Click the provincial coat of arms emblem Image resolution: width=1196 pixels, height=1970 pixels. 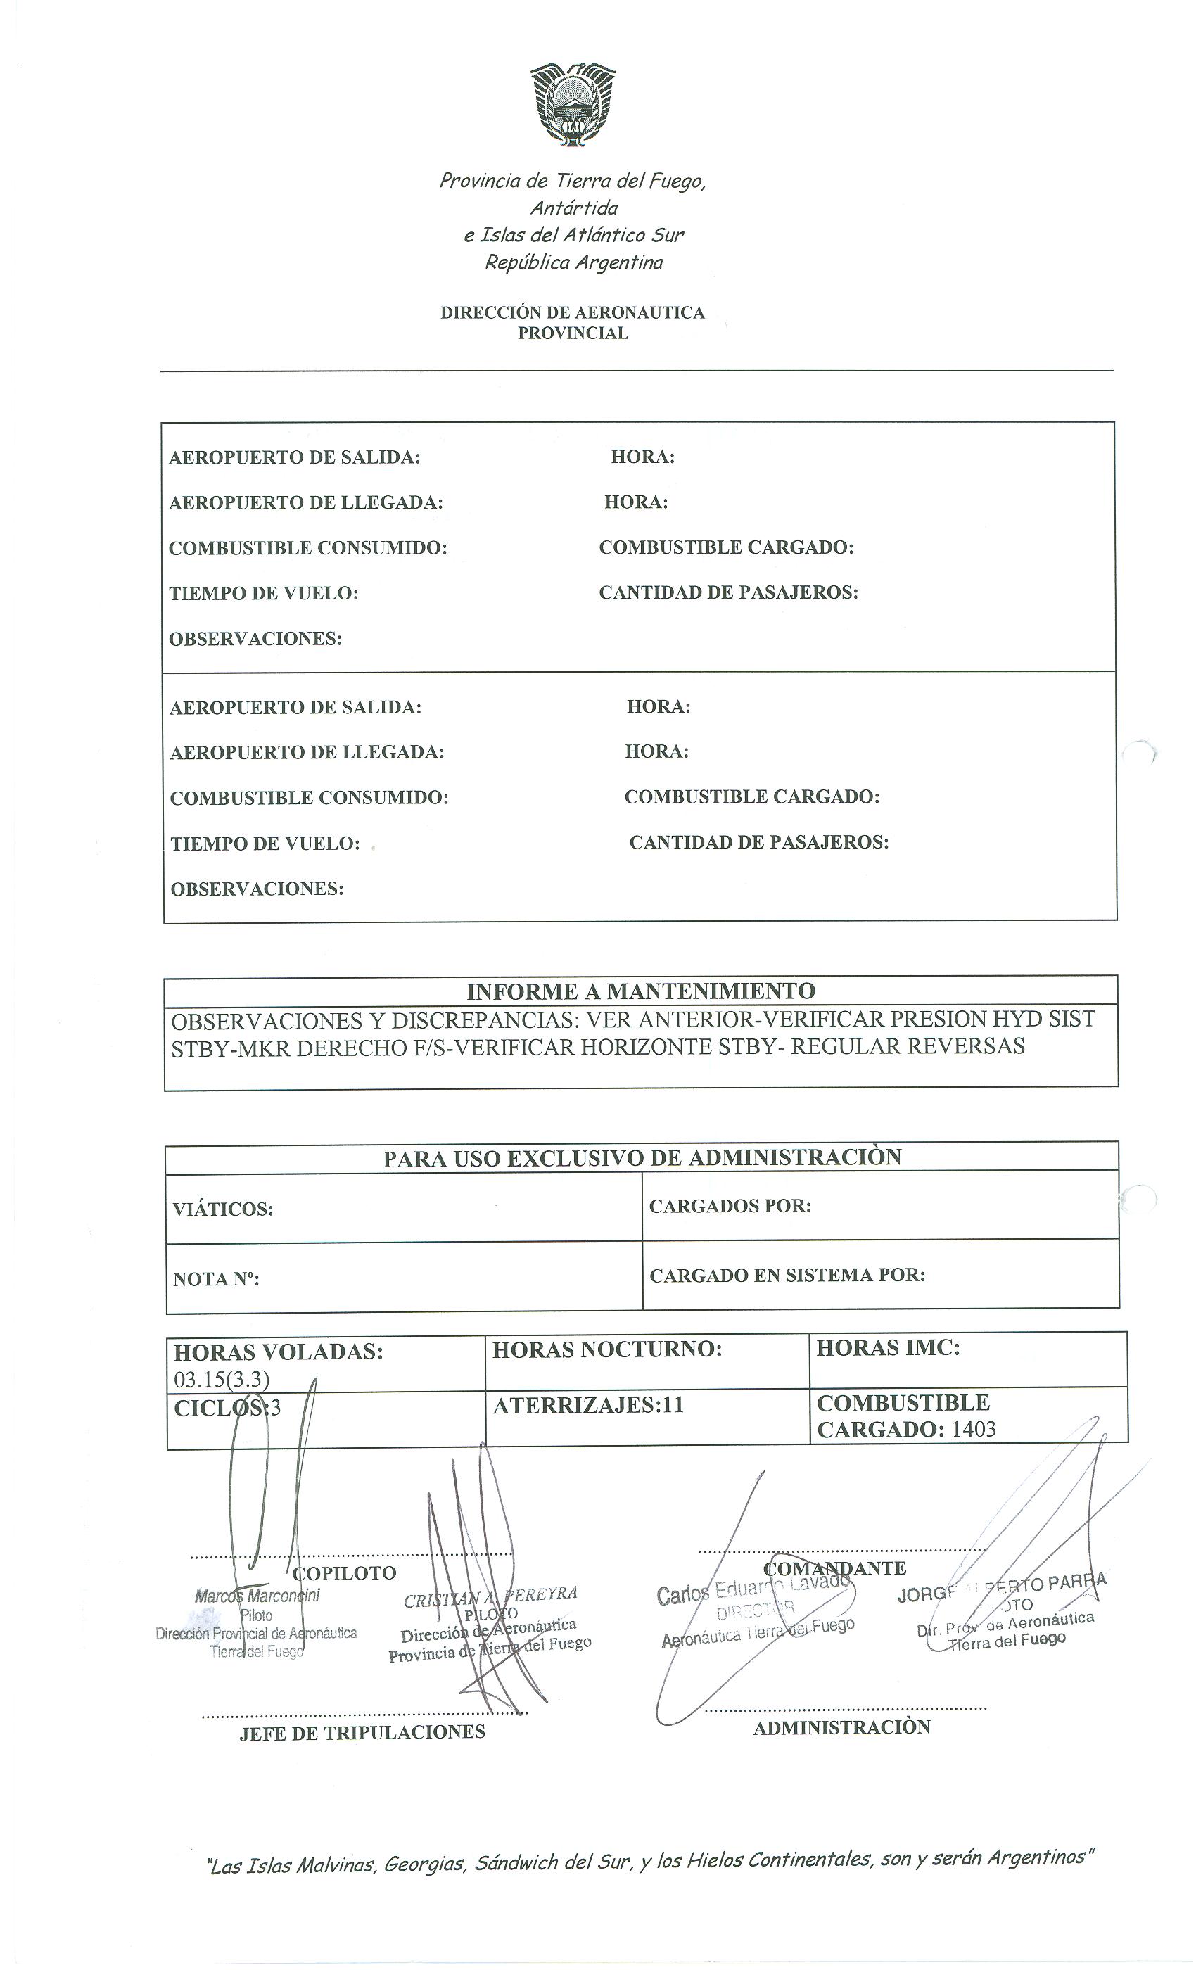(573, 106)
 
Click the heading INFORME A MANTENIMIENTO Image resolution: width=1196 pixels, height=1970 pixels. (640, 991)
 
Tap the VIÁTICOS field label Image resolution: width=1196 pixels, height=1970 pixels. (223, 1209)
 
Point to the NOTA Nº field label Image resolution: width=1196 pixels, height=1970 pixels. (216, 1279)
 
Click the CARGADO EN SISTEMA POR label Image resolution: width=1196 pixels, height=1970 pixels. (787, 1275)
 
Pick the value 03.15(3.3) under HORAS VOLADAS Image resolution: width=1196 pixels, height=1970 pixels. (222, 1379)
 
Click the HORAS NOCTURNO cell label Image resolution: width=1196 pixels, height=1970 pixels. (606, 1349)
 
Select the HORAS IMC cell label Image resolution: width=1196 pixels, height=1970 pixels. (887, 1348)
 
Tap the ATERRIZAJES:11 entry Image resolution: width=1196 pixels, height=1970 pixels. (588, 1406)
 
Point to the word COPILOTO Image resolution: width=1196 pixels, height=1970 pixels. (345, 1572)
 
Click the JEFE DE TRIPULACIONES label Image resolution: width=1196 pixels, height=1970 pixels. (362, 1731)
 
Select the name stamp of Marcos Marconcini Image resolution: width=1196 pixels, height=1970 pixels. (257, 1596)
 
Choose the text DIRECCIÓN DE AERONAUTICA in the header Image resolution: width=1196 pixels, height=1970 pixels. (573, 312)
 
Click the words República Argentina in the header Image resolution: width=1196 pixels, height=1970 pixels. (574, 262)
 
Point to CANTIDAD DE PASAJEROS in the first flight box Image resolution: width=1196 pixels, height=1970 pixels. (728, 592)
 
